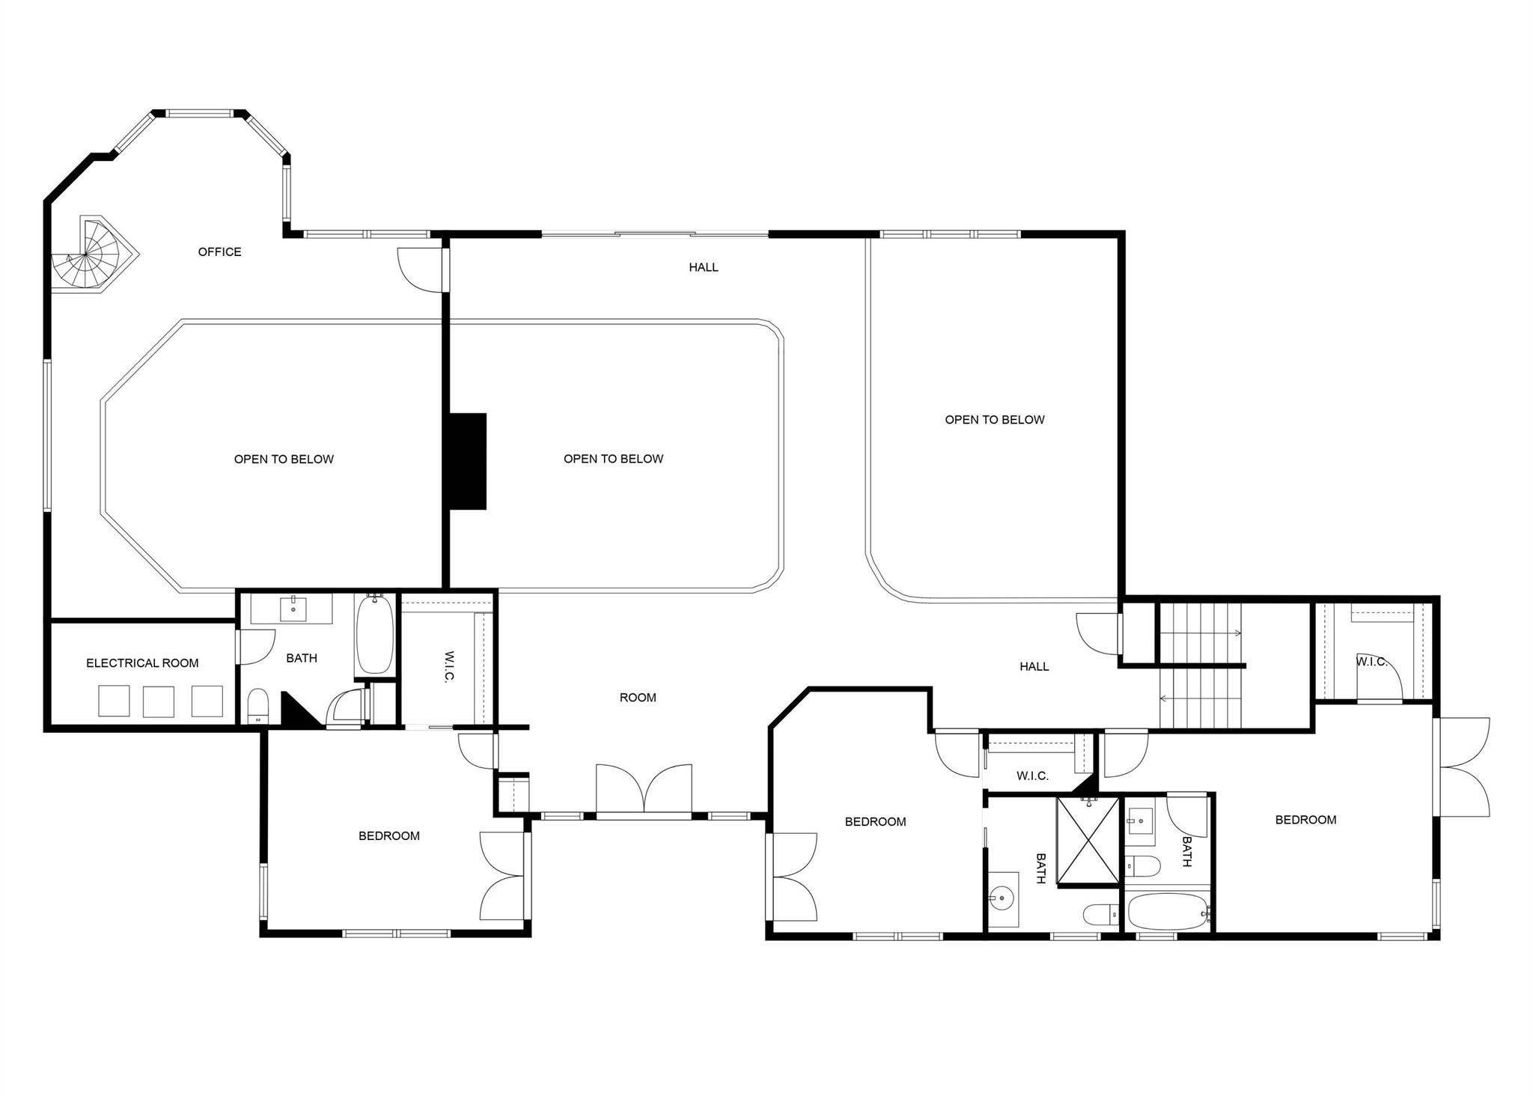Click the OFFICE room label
pos(219,252)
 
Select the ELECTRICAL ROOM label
pos(142,663)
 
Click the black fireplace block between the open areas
pos(467,461)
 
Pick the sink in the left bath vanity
pos(293,609)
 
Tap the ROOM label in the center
pos(638,698)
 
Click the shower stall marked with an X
pos(1088,841)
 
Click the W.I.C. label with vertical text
pos(449,666)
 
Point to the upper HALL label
pos(704,267)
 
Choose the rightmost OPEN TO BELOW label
pos(994,420)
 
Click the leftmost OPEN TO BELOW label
pos(284,460)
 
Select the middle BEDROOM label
pos(875,822)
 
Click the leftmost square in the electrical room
pos(114,701)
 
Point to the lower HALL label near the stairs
pos(1034,667)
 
